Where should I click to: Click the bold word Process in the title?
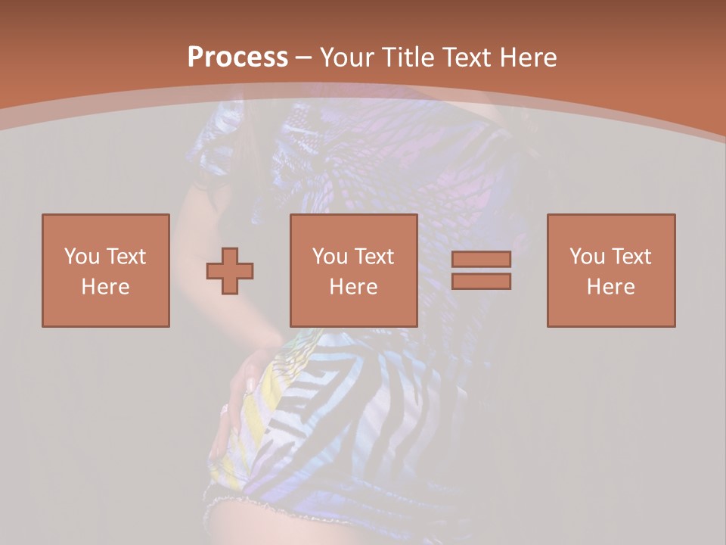[x=237, y=58]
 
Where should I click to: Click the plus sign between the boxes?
[x=230, y=271]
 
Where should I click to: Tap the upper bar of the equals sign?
[x=481, y=259]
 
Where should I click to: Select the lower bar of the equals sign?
[x=481, y=281]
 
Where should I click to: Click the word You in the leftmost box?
[x=81, y=257]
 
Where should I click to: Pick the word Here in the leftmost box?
[x=105, y=287]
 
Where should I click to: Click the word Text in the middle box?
[x=374, y=257]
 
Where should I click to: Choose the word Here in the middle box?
[x=354, y=287]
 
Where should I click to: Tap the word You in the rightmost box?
[x=587, y=257]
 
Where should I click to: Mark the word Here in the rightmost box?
[x=611, y=287]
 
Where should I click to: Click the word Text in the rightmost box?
[x=631, y=257]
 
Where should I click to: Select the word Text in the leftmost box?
[x=126, y=257]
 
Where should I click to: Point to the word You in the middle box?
[x=330, y=257]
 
